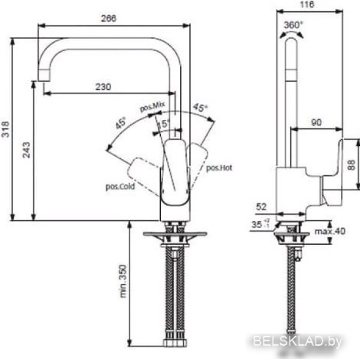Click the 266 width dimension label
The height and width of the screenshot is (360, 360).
pyautogui.click(x=109, y=19)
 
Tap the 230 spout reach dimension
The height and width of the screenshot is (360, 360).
pyautogui.click(x=103, y=87)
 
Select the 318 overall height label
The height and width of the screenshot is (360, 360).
pyautogui.click(x=5, y=129)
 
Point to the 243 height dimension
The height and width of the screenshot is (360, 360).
pyautogui.click(x=26, y=150)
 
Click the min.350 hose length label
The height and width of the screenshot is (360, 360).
pyautogui.click(x=123, y=281)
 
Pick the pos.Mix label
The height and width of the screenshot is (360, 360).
pyautogui.click(x=152, y=107)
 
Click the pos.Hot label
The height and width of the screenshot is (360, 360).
pyautogui.click(x=219, y=168)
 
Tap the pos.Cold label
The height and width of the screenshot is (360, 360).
pyautogui.click(x=120, y=187)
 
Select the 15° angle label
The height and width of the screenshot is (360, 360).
pyautogui.click(x=164, y=124)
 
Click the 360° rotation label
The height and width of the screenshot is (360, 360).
pyautogui.click(x=293, y=25)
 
